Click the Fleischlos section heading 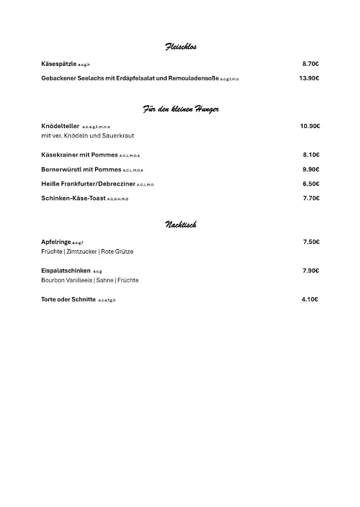(181, 46)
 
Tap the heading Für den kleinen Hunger (181, 109)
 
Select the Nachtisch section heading (181, 224)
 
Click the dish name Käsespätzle (59, 64)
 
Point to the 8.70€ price (311, 64)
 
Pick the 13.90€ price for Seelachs (309, 79)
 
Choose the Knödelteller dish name (60, 126)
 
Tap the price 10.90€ (310, 126)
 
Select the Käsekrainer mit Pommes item (79, 155)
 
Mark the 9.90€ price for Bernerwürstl (311, 169)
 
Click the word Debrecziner (116, 184)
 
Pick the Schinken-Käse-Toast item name (73, 198)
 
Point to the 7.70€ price (311, 198)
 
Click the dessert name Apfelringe (56, 242)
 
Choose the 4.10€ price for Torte (310, 299)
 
